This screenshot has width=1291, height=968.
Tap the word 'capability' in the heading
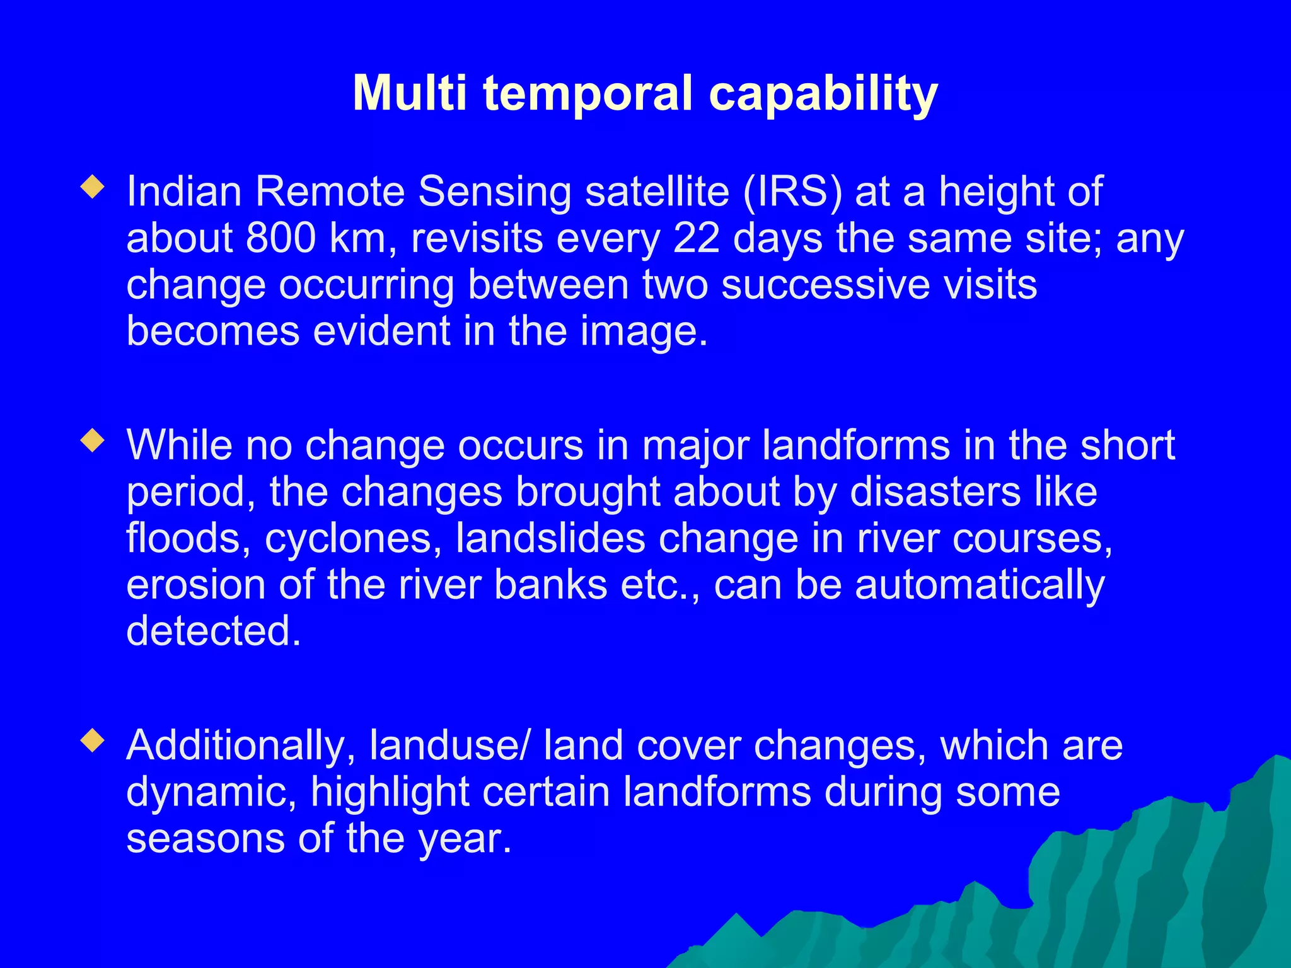[823, 95]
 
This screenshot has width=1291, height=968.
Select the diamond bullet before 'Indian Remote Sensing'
[93, 187]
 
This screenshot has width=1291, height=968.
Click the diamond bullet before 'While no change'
[93, 441]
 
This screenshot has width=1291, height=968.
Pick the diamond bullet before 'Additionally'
[93, 741]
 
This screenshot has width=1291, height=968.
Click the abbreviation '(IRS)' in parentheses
[792, 192]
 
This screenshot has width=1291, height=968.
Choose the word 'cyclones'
[352, 539]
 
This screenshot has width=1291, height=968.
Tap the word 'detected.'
[214, 631]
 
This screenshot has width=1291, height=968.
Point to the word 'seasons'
[206, 839]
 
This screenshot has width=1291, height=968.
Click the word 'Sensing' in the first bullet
[495, 192]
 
